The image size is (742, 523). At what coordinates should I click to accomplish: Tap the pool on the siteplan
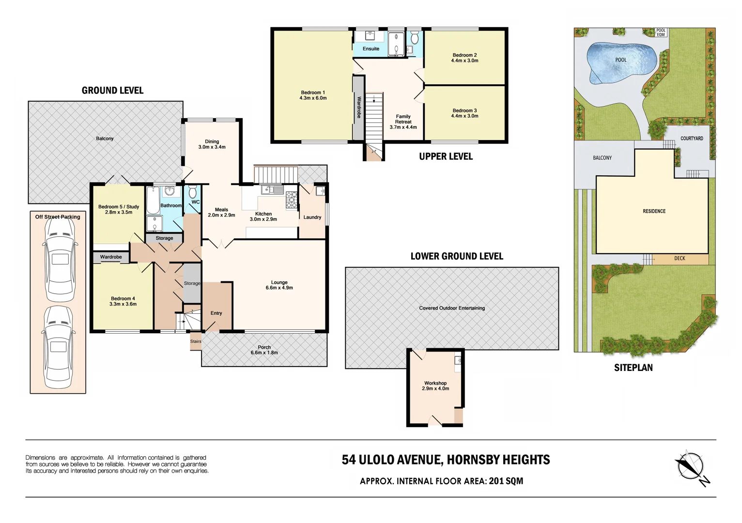(x=622, y=62)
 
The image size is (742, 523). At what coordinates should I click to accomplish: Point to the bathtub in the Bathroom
(x=153, y=200)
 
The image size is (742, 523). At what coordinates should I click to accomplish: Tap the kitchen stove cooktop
(x=292, y=200)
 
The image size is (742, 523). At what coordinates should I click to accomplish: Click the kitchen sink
(x=272, y=190)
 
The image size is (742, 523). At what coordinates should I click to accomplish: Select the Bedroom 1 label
(x=313, y=95)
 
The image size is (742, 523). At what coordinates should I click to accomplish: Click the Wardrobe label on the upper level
(x=359, y=108)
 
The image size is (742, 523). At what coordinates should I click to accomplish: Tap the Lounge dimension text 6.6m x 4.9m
(x=279, y=288)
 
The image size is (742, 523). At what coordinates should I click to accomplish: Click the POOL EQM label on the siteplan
(x=661, y=32)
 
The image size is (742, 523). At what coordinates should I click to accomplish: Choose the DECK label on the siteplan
(x=680, y=259)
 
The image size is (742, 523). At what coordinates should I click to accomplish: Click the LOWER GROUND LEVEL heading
(x=457, y=256)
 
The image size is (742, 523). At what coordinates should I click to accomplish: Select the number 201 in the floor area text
(x=496, y=481)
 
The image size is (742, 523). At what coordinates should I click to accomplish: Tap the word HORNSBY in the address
(x=473, y=460)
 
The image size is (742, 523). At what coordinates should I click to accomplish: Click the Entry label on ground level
(x=216, y=313)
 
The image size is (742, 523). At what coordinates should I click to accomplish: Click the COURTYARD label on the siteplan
(x=692, y=138)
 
